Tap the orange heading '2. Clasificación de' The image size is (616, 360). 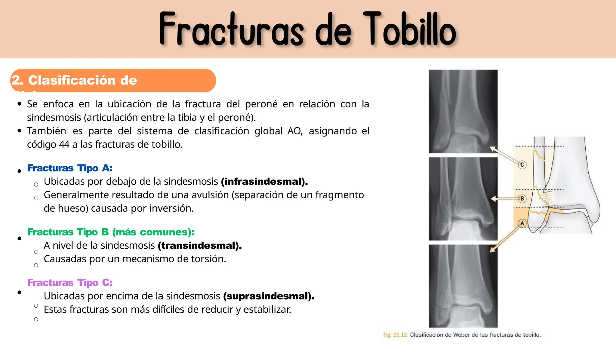74,80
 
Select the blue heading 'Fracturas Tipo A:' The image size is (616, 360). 70,168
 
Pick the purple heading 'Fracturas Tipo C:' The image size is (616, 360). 70,282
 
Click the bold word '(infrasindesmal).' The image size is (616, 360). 264,181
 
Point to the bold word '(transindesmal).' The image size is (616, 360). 200,245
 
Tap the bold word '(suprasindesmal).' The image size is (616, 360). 269,296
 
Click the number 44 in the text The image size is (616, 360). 64,144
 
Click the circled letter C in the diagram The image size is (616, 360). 522,165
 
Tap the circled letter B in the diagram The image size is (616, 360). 522,198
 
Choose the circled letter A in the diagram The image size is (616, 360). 522,223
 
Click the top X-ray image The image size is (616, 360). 463,111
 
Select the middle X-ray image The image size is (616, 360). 463,199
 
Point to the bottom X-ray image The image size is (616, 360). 463,286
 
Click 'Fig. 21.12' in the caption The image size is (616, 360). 395,335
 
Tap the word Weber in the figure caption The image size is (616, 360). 462,335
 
